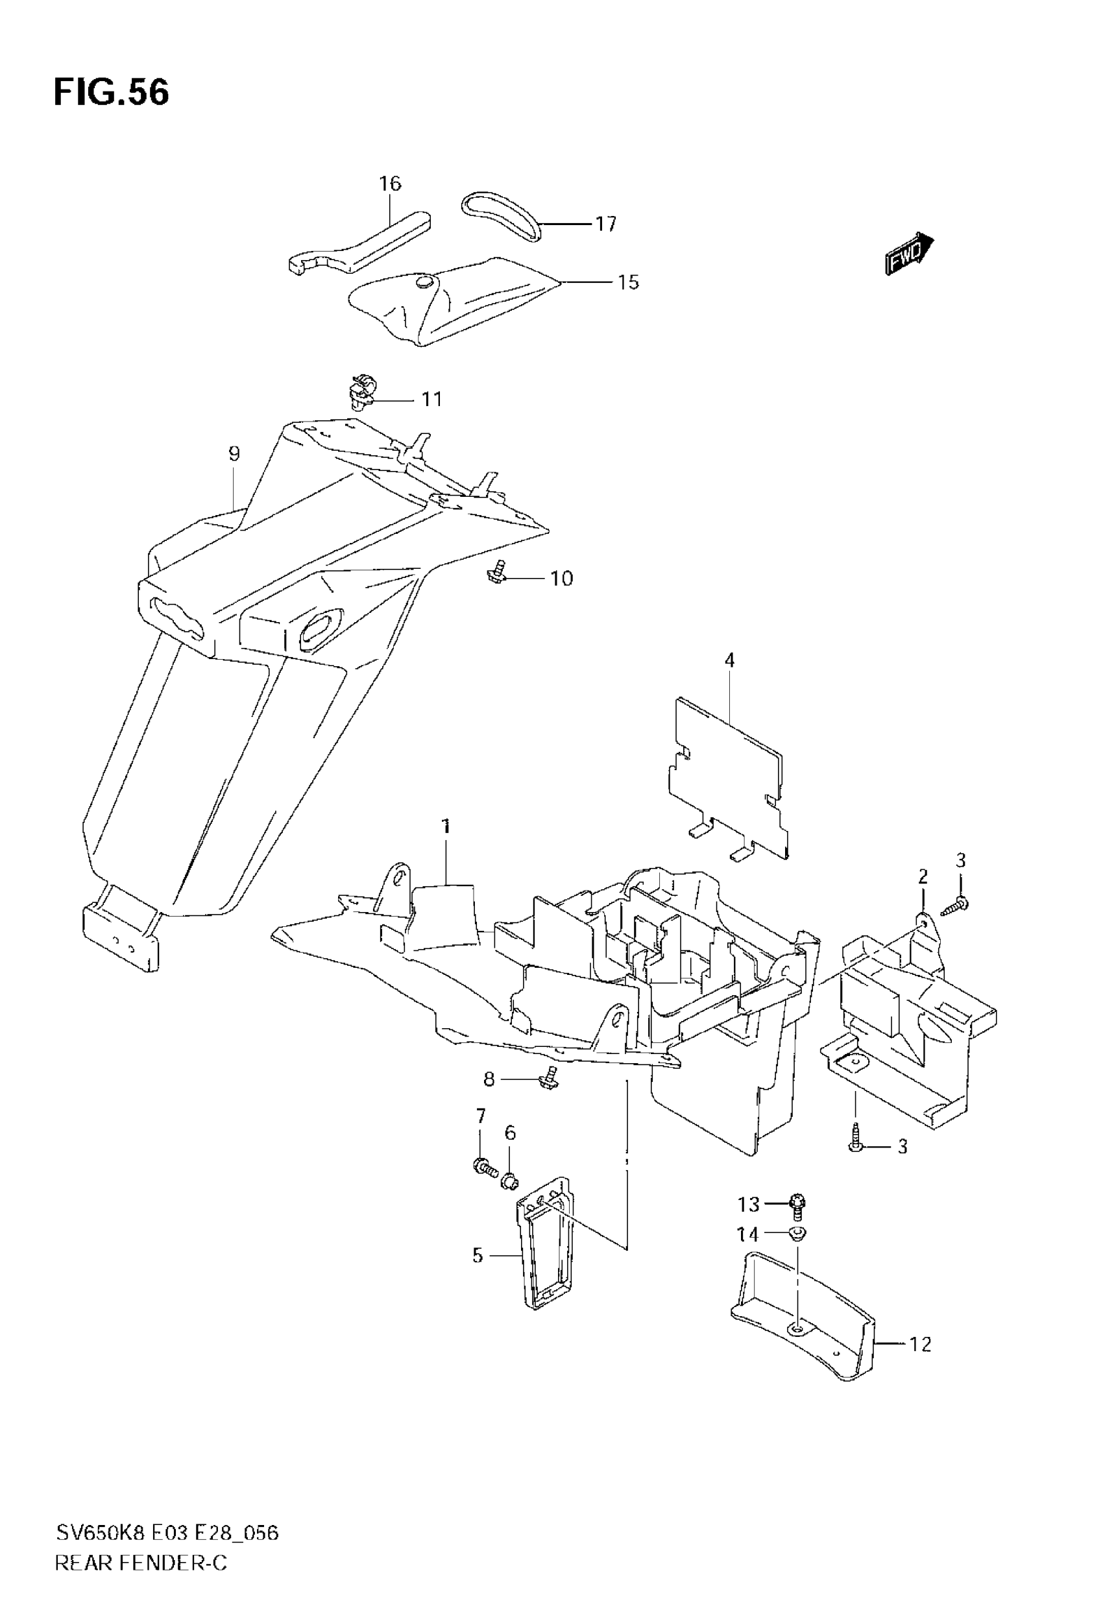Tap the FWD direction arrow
pos(909,254)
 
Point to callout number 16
pos(390,184)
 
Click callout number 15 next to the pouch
pos(627,283)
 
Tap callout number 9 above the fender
pos(234,454)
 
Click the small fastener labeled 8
pos(550,1077)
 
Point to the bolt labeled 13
pos(798,1204)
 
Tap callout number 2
pos(923,877)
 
